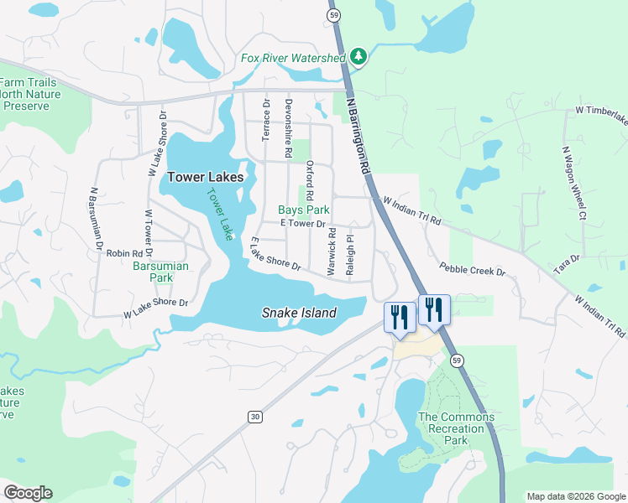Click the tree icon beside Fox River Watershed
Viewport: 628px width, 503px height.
tap(359, 57)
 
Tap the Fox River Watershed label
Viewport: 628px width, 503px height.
tap(293, 58)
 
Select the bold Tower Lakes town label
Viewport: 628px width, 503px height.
tap(205, 177)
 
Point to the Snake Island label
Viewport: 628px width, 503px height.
tap(299, 313)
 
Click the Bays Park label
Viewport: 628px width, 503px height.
tap(304, 210)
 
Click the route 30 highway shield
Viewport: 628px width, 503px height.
tap(254, 416)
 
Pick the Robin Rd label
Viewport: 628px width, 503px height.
tap(124, 252)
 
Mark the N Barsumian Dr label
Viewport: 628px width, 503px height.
tap(93, 220)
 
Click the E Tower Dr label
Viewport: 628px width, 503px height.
tap(302, 224)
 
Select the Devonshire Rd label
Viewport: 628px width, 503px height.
tap(288, 129)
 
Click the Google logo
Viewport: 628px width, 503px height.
tap(28, 493)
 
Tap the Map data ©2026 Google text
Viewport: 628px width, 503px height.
tap(575, 496)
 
